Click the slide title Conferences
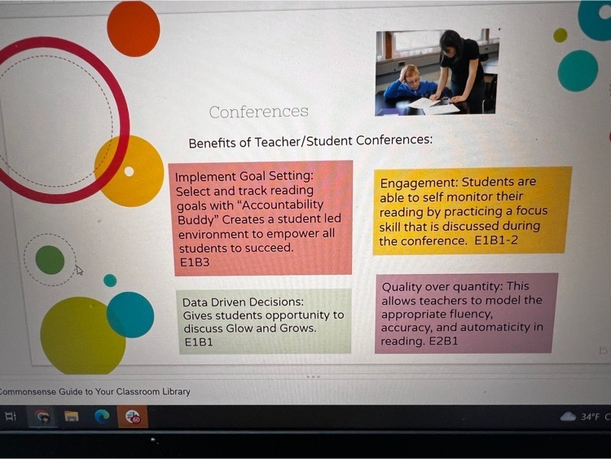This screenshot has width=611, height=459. click(258, 112)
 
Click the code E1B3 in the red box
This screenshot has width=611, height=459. click(195, 263)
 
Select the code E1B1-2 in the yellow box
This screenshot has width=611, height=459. click(496, 241)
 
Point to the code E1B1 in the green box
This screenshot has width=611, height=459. click(199, 342)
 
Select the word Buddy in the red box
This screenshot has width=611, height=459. click(197, 220)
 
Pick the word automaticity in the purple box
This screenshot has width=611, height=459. click(498, 327)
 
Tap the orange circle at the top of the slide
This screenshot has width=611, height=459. click(134, 29)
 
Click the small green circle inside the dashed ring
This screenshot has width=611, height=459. click(50, 260)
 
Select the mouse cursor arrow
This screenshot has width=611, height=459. click(79, 270)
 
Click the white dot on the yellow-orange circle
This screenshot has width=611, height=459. click(129, 171)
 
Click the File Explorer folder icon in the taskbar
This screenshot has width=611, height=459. click(72, 417)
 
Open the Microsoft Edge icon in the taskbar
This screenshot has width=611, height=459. click(102, 417)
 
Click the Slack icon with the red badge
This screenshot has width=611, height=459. click(133, 417)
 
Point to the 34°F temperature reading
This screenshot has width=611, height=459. click(590, 417)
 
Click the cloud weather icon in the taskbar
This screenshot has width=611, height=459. click(568, 417)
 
